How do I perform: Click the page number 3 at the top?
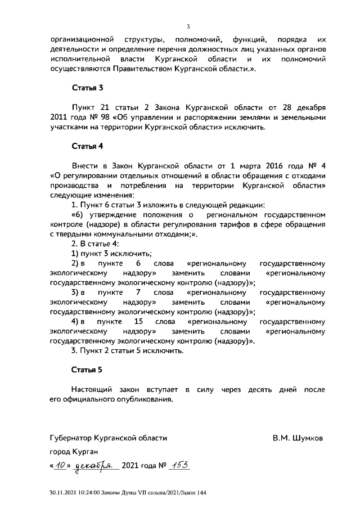(188, 26)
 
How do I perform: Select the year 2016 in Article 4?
(272, 165)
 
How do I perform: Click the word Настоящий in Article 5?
(92, 389)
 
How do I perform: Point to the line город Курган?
(74, 452)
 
